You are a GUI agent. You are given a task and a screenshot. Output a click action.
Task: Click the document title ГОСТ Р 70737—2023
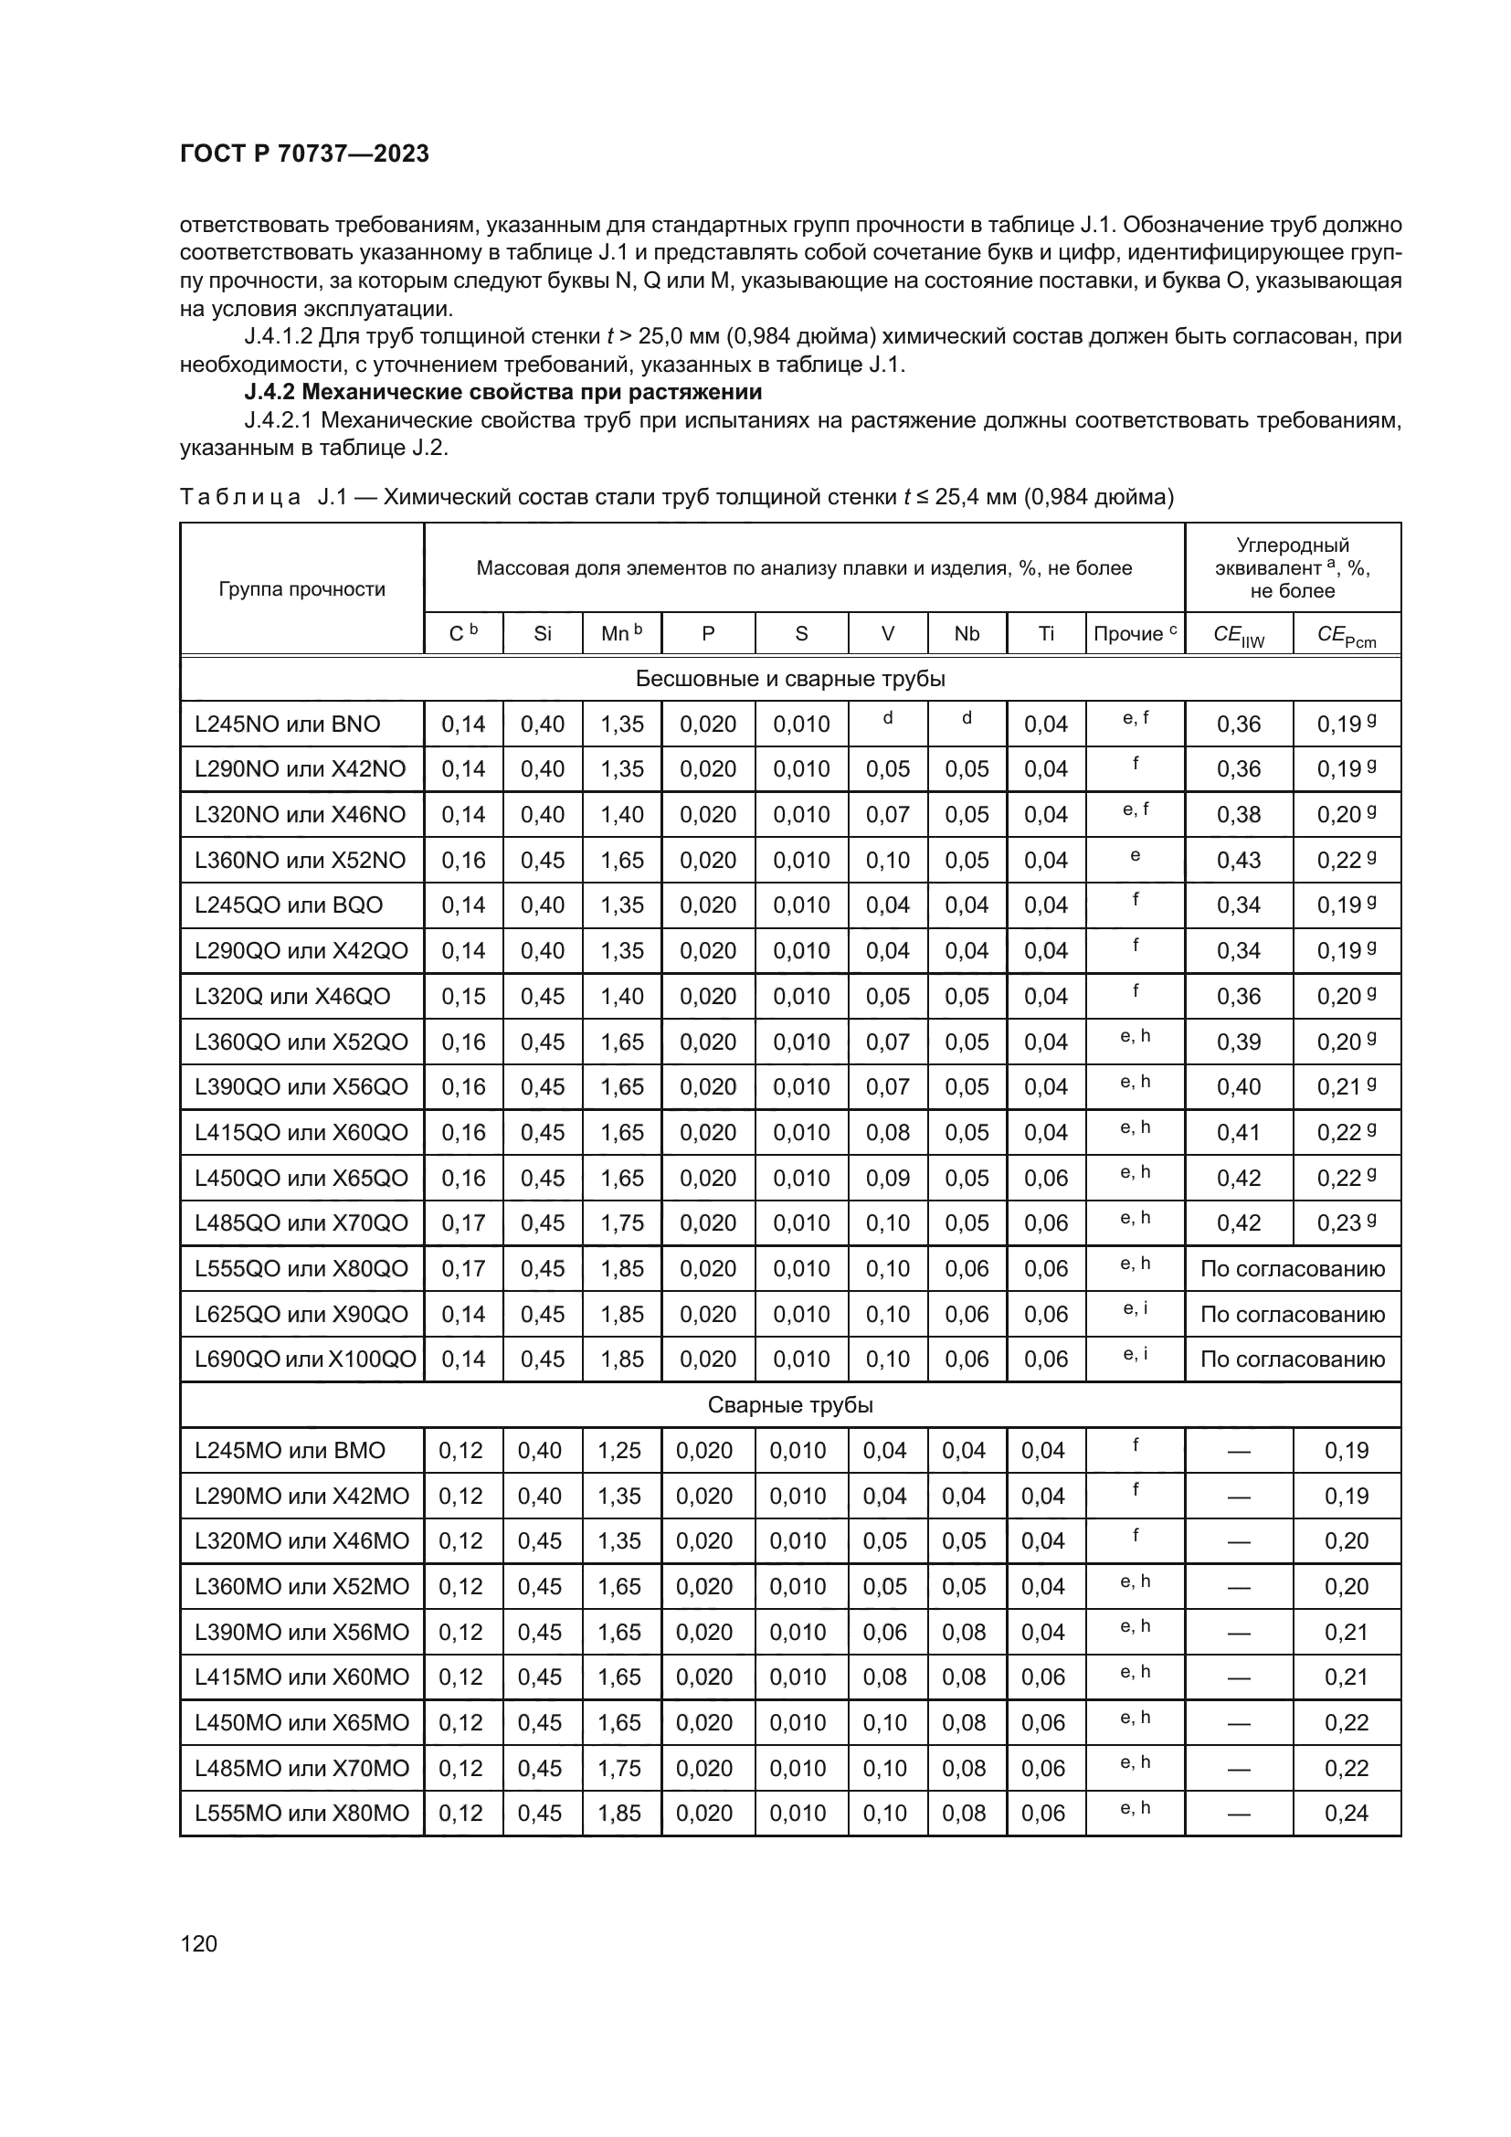pyautogui.click(x=304, y=153)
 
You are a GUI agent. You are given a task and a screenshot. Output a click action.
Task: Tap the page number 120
pyautogui.click(x=198, y=1943)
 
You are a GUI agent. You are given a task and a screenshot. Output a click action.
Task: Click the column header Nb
pyautogui.click(x=967, y=634)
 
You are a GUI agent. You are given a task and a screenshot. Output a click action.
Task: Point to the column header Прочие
pyautogui.click(x=1135, y=634)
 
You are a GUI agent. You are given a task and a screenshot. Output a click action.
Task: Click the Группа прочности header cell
pyautogui.click(x=301, y=589)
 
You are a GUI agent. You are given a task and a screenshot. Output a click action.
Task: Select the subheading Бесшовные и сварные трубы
pyautogui.click(x=790, y=679)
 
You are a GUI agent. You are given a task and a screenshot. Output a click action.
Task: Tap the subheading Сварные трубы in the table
pyautogui.click(x=790, y=1404)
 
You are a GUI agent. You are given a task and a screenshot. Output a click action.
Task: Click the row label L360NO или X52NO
pyautogui.click(x=301, y=860)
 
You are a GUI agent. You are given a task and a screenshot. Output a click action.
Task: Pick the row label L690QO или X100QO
pyautogui.click(x=304, y=1359)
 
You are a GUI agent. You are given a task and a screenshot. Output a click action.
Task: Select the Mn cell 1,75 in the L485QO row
pyautogui.click(x=621, y=1223)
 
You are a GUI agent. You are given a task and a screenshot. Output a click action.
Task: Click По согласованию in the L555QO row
pyautogui.click(x=1293, y=1269)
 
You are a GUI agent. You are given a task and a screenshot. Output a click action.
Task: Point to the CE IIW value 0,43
pyautogui.click(x=1239, y=860)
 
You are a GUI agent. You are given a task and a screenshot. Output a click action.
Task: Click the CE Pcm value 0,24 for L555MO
pyautogui.click(x=1347, y=1813)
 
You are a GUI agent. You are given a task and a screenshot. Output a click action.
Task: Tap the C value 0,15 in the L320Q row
pyautogui.click(x=463, y=996)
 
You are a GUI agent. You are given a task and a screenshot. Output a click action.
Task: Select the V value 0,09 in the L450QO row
pyautogui.click(x=888, y=1178)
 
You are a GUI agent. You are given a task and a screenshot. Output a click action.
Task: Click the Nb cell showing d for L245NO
pyautogui.click(x=967, y=718)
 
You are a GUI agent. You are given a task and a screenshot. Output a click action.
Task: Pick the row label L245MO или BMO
pyautogui.click(x=291, y=1450)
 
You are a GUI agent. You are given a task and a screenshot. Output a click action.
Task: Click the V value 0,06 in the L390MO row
pyautogui.click(x=884, y=1632)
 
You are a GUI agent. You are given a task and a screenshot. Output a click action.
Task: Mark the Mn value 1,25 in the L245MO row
pyautogui.click(x=618, y=1450)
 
